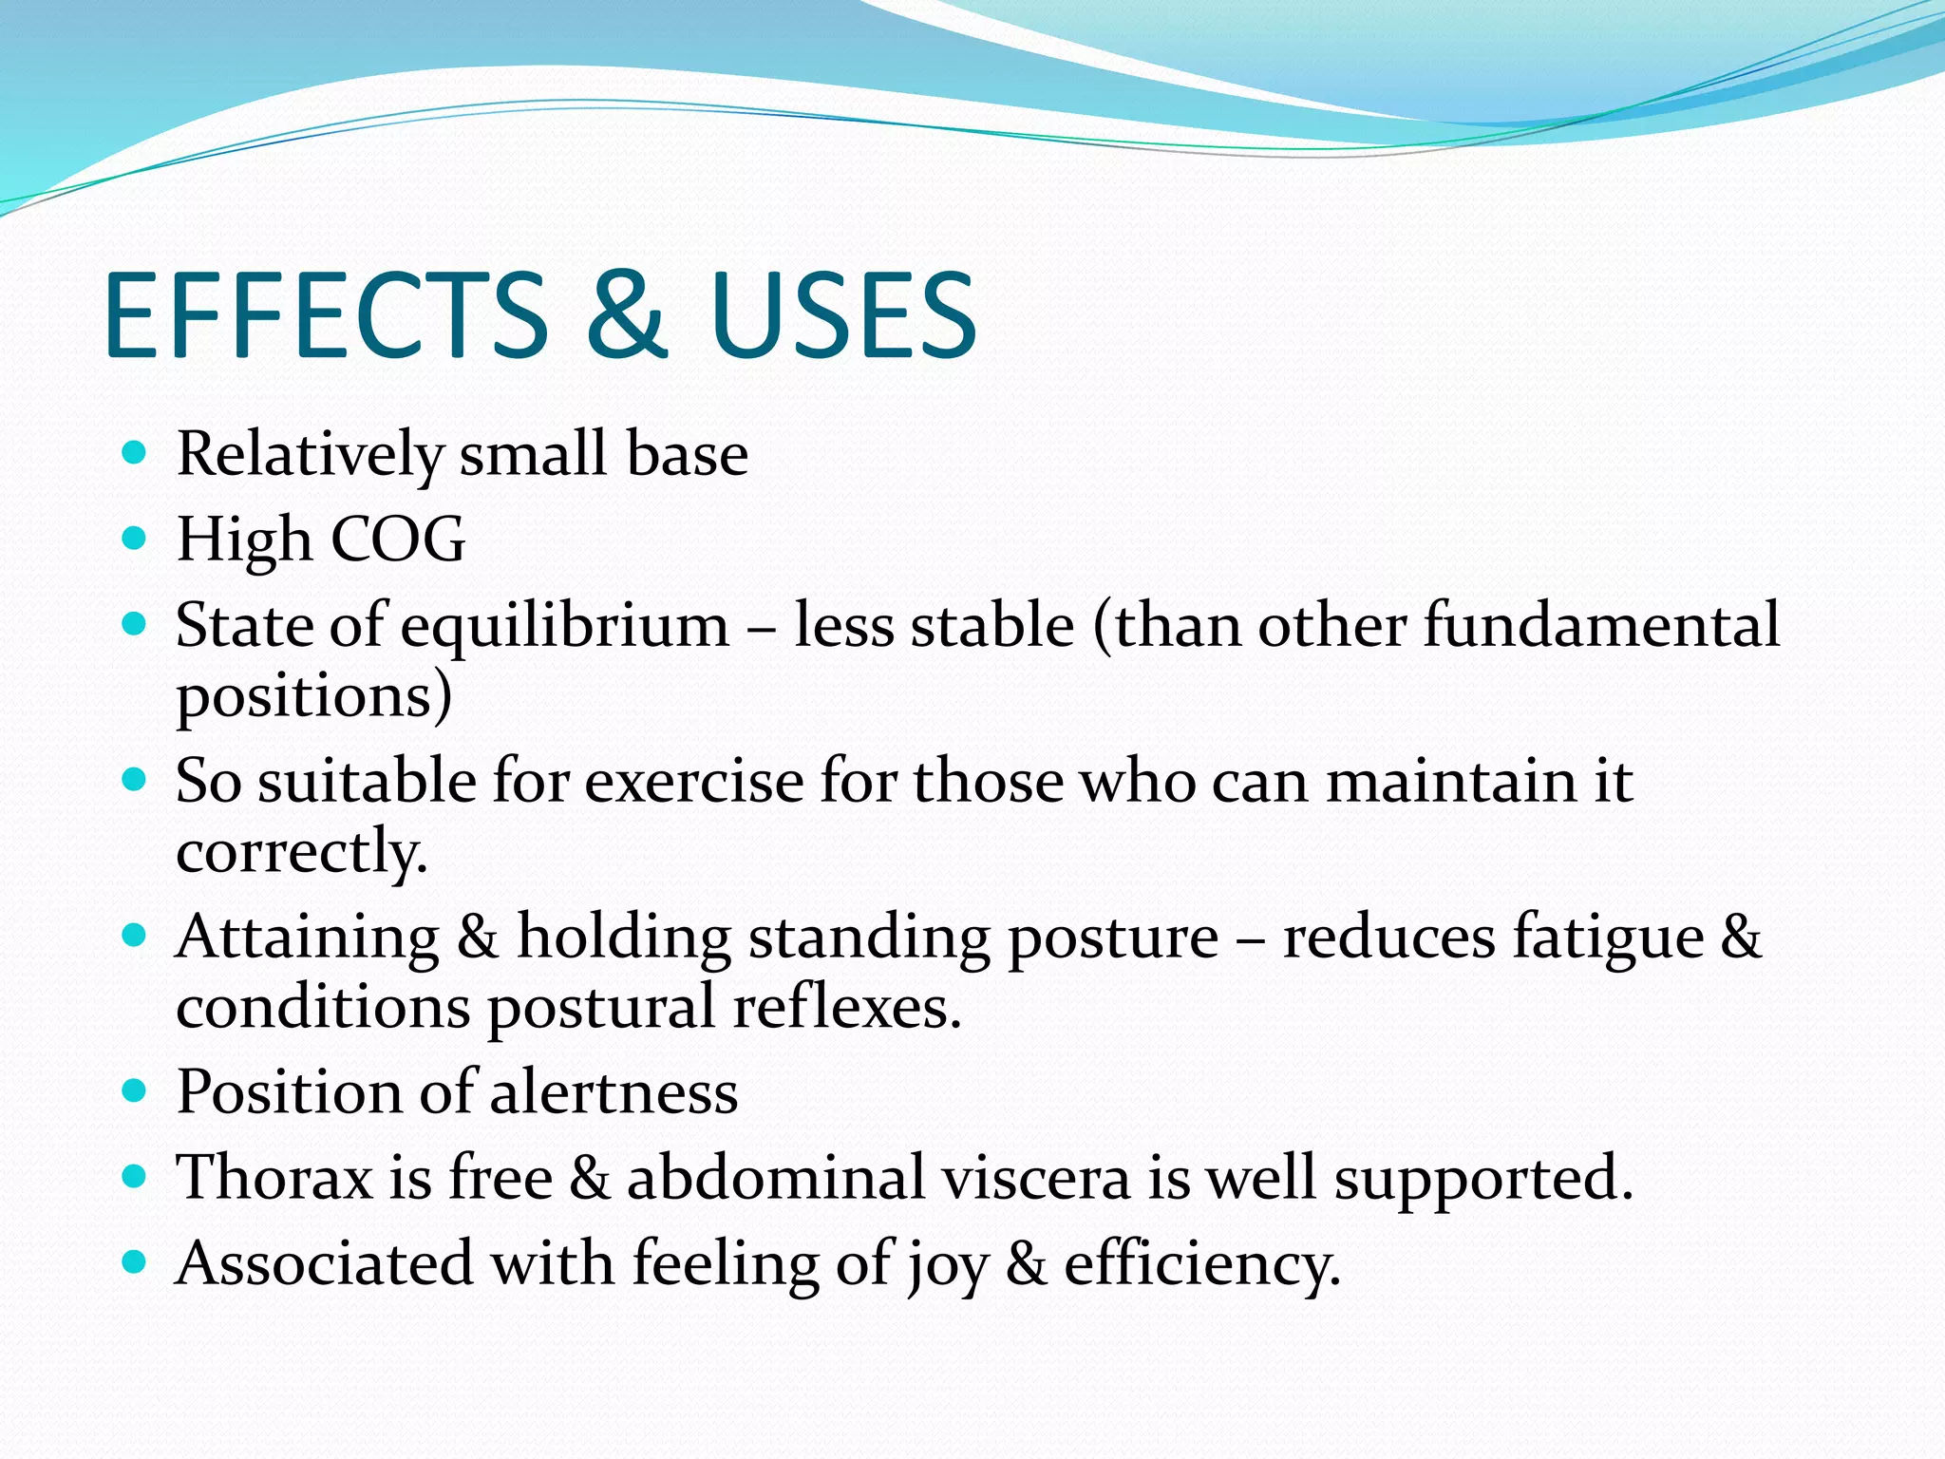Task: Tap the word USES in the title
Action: (x=842, y=315)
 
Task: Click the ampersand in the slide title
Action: (x=624, y=315)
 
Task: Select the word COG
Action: (x=398, y=540)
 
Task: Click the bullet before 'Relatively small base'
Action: (x=135, y=452)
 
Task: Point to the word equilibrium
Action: (x=564, y=626)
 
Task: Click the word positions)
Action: (x=313, y=696)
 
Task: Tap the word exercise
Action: (x=693, y=782)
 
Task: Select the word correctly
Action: (x=301, y=851)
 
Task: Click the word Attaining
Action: (x=307, y=938)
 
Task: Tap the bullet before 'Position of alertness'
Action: (x=135, y=1090)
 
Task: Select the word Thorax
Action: (x=274, y=1178)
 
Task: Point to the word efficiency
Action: (x=1201, y=1265)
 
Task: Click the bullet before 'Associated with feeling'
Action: (x=135, y=1262)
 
